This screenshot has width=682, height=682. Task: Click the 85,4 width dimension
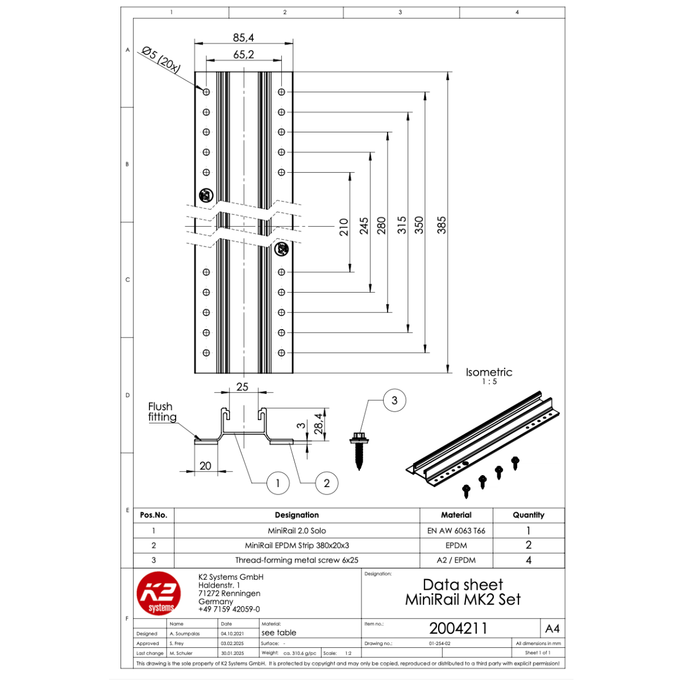point(243,38)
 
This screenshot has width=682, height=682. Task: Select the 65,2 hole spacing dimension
point(243,55)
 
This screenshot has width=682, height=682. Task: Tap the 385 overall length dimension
point(442,225)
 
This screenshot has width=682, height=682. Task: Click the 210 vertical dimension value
point(344,227)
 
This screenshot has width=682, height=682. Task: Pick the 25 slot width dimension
point(242,387)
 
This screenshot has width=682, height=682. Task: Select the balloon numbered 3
point(394,400)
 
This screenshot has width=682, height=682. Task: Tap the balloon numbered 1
point(278,483)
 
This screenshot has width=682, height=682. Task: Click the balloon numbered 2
point(327,483)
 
